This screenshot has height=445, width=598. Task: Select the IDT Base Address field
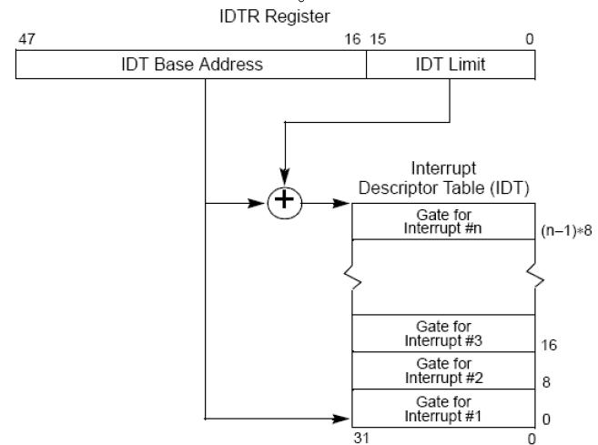192,65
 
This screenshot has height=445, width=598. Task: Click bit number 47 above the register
25,41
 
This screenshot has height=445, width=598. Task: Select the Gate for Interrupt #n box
442,221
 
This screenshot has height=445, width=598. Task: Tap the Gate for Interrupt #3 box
442,332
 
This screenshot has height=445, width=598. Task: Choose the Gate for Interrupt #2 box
442,369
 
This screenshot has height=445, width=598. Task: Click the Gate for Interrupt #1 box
442,407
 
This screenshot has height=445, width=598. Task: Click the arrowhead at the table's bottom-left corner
342,420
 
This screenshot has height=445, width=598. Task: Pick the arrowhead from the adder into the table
342,203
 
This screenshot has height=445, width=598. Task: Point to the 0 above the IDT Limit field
530,41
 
